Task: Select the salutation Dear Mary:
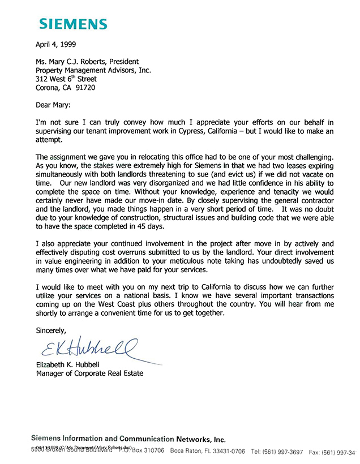56,105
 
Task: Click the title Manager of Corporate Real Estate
89,373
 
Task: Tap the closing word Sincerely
51,330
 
